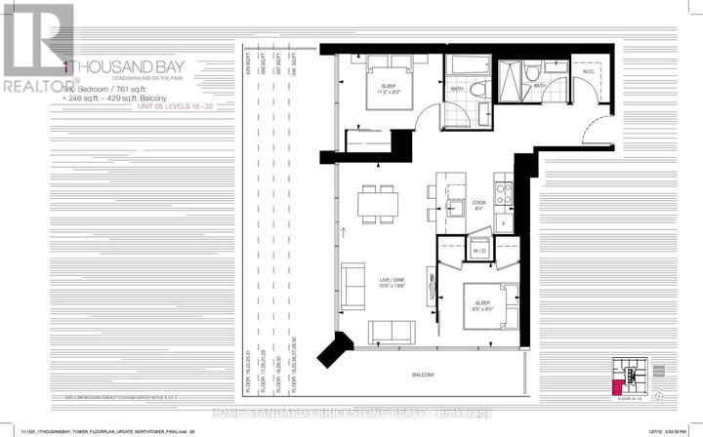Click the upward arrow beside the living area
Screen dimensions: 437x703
point(344,232)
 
